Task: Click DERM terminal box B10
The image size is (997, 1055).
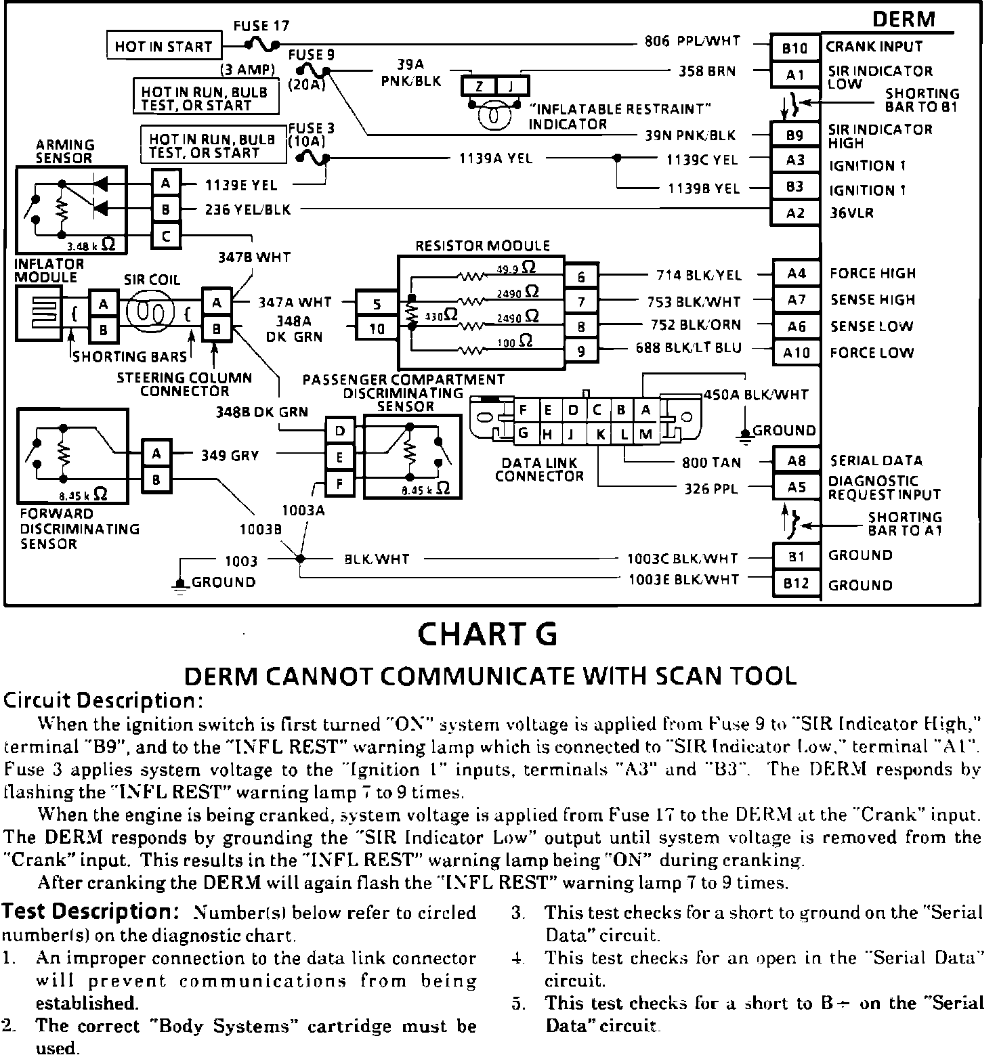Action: [794, 48]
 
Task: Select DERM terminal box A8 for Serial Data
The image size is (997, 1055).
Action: [797, 461]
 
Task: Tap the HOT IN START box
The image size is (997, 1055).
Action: [164, 46]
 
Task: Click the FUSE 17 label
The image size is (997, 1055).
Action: [261, 26]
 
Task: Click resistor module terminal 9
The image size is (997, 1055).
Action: [581, 351]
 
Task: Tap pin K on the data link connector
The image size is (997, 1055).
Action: [600, 434]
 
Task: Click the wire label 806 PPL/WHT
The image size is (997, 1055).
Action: [692, 41]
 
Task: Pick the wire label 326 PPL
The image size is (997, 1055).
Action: [710, 488]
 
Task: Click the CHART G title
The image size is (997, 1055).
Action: [488, 634]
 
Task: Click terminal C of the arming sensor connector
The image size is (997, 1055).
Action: [166, 236]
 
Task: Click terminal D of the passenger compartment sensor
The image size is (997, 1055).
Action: [340, 431]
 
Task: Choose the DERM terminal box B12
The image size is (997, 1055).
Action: [796, 584]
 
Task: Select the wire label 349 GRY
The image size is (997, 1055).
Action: [230, 456]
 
